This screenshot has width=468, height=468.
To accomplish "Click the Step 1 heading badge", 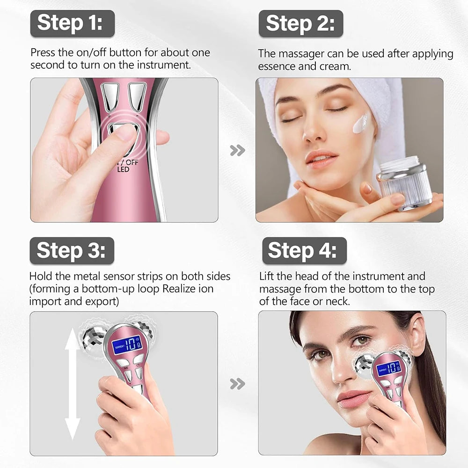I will coord(72,23).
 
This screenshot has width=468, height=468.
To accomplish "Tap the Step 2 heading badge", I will coord(301,23).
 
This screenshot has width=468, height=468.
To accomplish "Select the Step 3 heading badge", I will coord(72,250).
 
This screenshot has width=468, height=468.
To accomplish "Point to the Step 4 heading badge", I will coord(304,250).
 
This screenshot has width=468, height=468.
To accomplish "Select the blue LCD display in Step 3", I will coord(128,344).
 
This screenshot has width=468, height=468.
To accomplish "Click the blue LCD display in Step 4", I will coord(388,367).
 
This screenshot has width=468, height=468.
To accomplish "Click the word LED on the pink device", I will coord(124,169).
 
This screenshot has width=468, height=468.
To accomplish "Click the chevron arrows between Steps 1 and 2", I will coord(237,150).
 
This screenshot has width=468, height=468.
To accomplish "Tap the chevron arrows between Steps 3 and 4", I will coord(237,384).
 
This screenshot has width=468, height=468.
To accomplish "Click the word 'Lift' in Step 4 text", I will coord(267,277).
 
